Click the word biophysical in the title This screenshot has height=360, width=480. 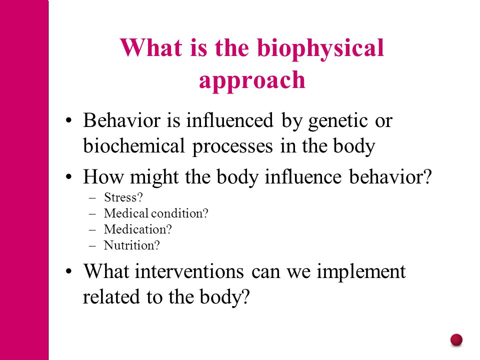(320, 49)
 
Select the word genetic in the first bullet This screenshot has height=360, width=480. (338, 121)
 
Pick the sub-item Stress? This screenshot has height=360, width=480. (123, 197)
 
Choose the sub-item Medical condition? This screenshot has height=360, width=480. (156, 213)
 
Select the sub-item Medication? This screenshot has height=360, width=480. (138, 229)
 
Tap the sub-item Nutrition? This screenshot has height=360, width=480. (131, 245)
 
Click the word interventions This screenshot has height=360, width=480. (189, 271)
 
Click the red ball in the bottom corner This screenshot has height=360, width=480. (456, 340)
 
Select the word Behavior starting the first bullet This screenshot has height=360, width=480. (121, 120)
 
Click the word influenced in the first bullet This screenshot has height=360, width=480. (229, 120)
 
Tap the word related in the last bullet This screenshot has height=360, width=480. (111, 296)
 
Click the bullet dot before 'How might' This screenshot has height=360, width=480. (68, 177)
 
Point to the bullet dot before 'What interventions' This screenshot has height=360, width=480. (68, 271)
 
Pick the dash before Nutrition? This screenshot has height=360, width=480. (92, 245)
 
